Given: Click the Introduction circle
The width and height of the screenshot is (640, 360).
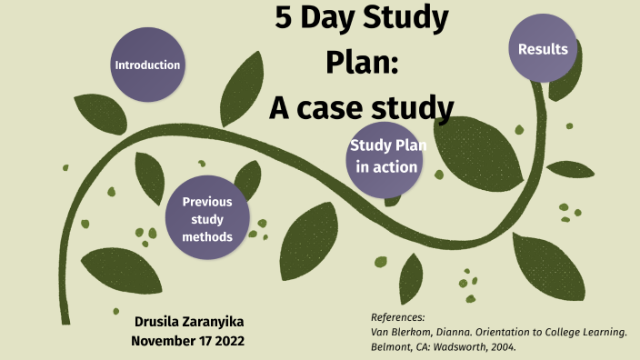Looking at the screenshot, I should click(x=147, y=65).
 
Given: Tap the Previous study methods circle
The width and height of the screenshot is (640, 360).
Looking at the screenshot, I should click(x=207, y=218).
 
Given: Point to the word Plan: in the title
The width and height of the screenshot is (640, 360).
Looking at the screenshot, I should click(x=362, y=63).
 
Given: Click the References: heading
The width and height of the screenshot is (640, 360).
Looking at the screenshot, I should click(x=398, y=317).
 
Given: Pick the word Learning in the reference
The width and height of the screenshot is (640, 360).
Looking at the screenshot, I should click(x=605, y=333).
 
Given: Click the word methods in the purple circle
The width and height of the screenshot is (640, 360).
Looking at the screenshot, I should click(x=207, y=236).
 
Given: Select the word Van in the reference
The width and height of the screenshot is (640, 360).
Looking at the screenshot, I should click(x=382, y=333).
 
